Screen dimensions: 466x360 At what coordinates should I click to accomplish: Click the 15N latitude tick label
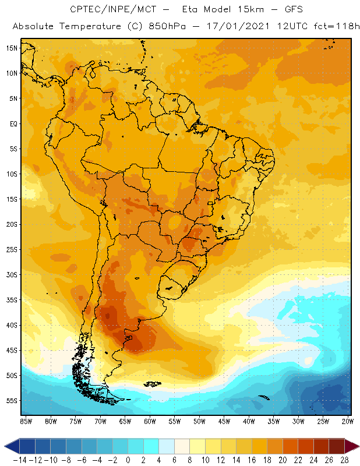tap(11, 48)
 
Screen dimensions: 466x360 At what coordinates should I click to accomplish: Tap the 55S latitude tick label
tap(11, 401)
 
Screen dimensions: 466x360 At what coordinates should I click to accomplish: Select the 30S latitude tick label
tap(11, 275)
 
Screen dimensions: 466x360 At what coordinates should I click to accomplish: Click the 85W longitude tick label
tap(26, 421)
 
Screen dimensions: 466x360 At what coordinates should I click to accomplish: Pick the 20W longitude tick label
tap(348, 421)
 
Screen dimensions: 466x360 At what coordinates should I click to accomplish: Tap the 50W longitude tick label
tap(199, 421)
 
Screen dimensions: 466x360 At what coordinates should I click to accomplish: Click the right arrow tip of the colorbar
tap(356, 446)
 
